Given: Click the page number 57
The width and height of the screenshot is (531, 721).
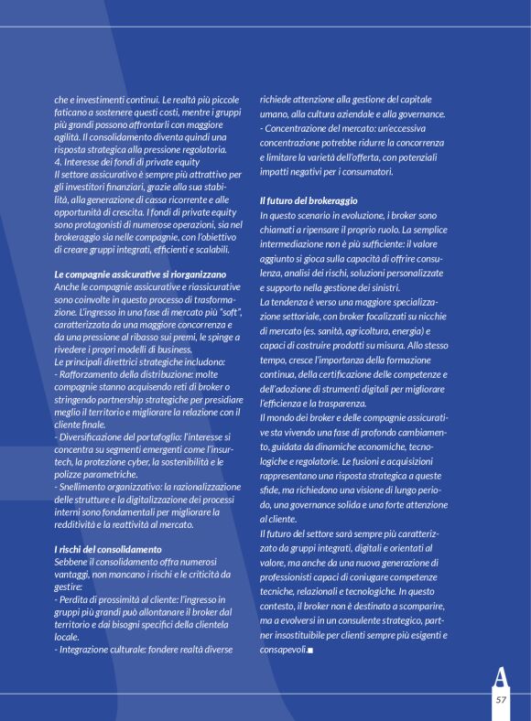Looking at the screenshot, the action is coord(501,698).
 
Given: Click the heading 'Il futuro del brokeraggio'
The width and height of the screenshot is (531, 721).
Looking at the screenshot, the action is coord(308,199).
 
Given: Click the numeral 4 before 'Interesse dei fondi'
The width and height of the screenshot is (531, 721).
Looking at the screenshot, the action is coord(57,162).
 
